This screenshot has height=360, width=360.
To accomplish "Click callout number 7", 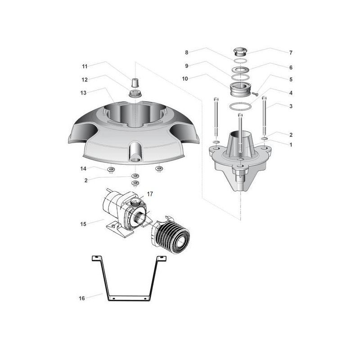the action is (x=291, y=53).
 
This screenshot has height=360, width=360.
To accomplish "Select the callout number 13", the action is (x=83, y=93).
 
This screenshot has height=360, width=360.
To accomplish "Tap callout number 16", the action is (x=82, y=298).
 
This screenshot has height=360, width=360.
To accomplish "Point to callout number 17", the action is (x=150, y=194).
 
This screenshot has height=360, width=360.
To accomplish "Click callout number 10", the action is (x=185, y=79).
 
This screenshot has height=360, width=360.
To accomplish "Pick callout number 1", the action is (x=291, y=145).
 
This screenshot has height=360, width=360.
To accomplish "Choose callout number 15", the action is (x=83, y=224).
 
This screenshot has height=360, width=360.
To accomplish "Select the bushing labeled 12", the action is (x=135, y=94).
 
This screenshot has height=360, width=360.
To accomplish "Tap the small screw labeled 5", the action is (x=255, y=94).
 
